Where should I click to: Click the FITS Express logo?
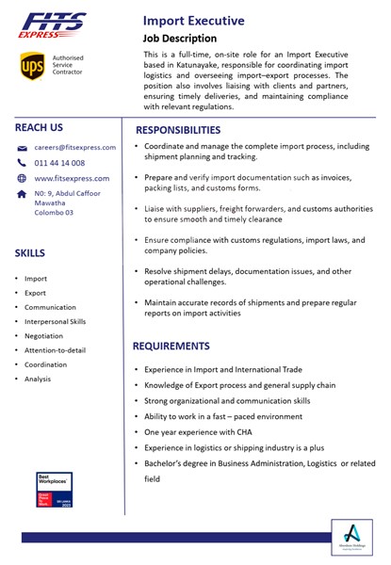tap(52, 25)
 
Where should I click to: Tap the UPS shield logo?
tap(32, 66)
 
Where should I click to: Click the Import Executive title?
tap(193, 20)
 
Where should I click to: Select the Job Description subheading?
tap(179, 39)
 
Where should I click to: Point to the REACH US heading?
tap(39, 127)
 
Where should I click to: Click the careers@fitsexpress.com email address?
tap(75, 148)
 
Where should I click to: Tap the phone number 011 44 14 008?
tap(59, 163)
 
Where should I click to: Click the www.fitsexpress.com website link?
tap(72, 178)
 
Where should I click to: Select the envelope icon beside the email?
tap(22, 149)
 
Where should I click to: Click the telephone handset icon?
tap(22, 163)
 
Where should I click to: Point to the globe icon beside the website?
tap(22, 178)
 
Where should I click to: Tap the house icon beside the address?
tap(22, 194)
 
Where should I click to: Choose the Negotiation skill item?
tap(44, 336)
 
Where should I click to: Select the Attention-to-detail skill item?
tap(55, 350)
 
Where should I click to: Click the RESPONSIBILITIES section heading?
tap(191, 130)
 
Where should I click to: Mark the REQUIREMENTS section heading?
tap(184, 346)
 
